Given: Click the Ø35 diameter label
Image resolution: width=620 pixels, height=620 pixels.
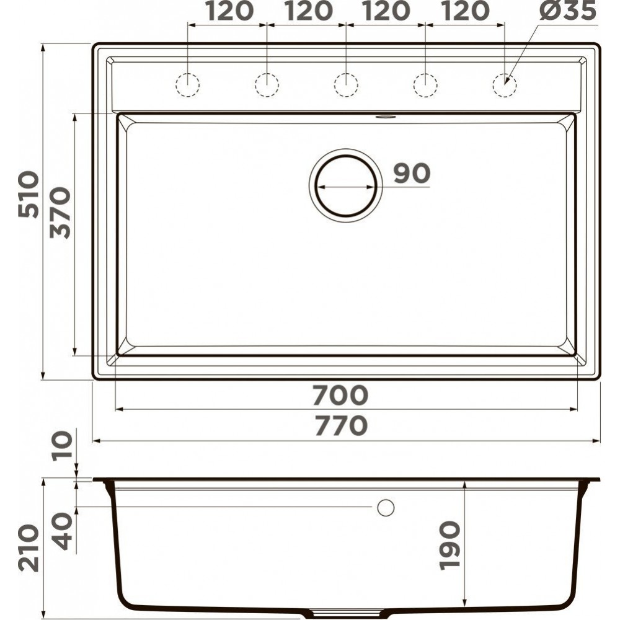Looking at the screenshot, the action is pyautogui.click(x=568, y=11).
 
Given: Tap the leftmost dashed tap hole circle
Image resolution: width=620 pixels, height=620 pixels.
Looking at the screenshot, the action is pyautogui.click(x=187, y=74).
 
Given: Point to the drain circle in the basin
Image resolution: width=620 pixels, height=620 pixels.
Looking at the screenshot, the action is pyautogui.click(x=345, y=156).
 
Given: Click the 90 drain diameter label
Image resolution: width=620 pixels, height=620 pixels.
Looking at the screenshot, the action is pyautogui.click(x=412, y=173).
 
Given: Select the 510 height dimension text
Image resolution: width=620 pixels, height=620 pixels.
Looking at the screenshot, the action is pyautogui.click(x=29, y=195).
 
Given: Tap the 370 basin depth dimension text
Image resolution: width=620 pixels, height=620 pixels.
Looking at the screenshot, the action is pyautogui.click(x=60, y=213).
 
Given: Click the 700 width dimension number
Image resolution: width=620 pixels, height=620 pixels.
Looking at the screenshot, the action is pyautogui.click(x=340, y=395).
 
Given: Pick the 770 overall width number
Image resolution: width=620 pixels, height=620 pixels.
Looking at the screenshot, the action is pyautogui.click(x=341, y=425).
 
